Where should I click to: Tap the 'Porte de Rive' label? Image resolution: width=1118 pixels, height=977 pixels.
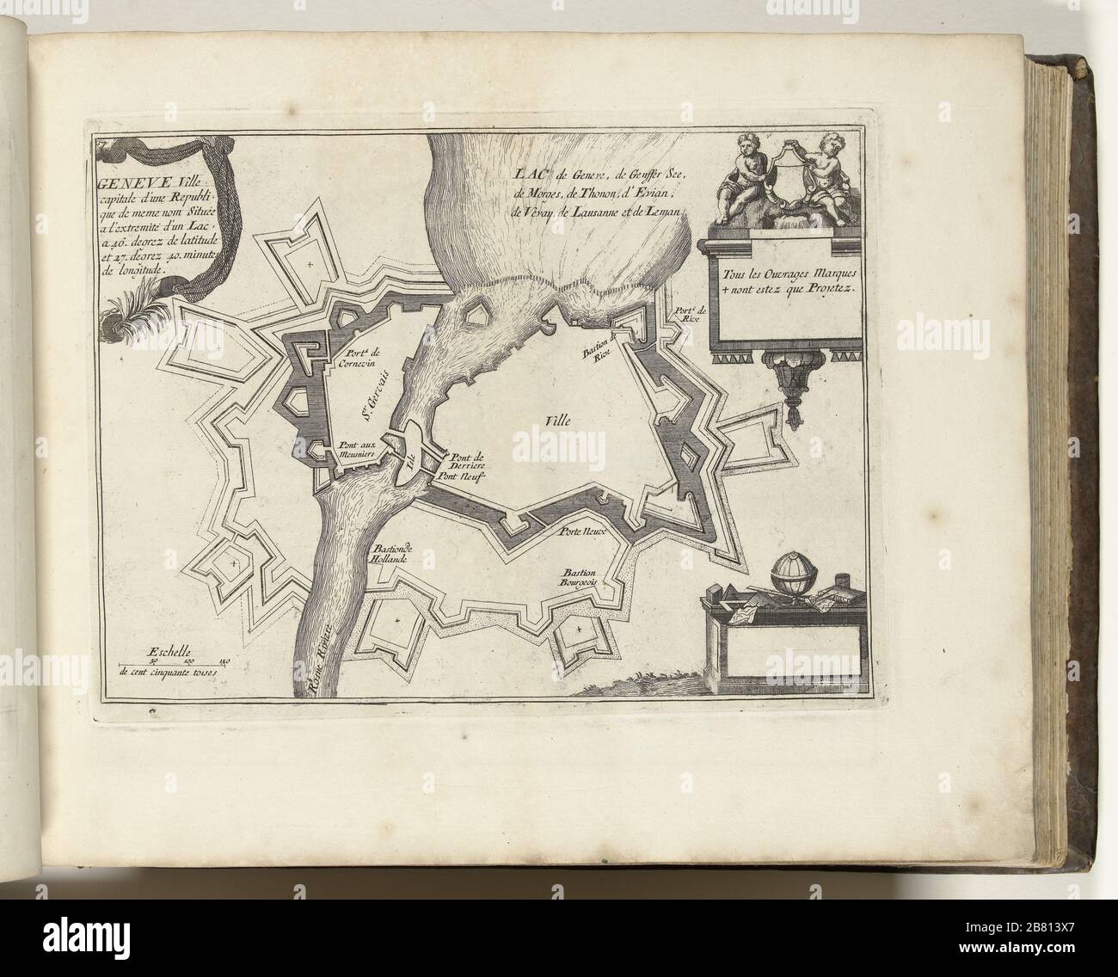pyautogui.click(x=689, y=313)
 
